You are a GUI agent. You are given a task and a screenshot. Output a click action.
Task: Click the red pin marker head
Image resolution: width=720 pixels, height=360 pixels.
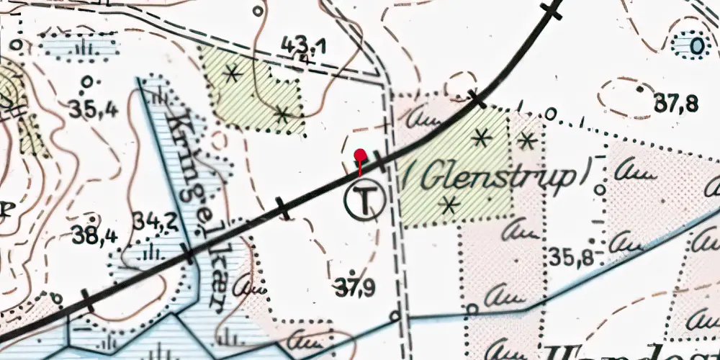click(361, 156)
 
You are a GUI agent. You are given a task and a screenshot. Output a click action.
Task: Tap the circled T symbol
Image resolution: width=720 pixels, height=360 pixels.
click(365, 199)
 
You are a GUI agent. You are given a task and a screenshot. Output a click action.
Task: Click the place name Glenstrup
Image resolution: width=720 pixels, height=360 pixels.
click(498, 177)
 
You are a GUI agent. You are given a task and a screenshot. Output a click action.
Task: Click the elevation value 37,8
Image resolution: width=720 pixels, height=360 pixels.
click(675, 104)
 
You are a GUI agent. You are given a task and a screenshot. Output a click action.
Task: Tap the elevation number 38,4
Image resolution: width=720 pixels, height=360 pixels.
click(94, 234)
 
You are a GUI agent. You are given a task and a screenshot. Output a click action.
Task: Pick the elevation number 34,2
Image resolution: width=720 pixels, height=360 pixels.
click(156, 221)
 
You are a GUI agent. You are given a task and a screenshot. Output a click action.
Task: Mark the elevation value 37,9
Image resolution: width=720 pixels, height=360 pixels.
click(358, 289)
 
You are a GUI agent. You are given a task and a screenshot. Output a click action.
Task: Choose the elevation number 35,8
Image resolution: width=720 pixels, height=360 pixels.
click(571, 256)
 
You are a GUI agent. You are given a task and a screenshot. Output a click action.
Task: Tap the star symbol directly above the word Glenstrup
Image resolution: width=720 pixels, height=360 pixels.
click(482, 135)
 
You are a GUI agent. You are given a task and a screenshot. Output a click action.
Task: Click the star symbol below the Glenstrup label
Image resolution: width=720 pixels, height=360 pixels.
click(451, 204)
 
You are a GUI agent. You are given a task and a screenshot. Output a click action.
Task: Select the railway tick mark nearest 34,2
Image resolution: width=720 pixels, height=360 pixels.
click(189, 253)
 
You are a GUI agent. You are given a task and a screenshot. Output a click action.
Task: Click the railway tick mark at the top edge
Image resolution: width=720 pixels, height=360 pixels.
click(552, 9)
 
